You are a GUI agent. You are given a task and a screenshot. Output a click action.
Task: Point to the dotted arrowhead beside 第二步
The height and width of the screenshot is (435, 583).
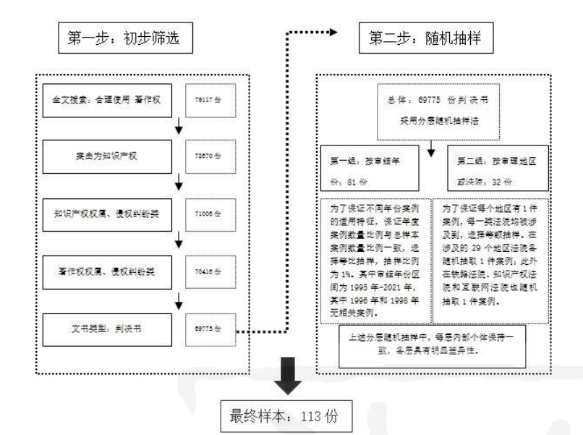pyautogui.click(x=334, y=33)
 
